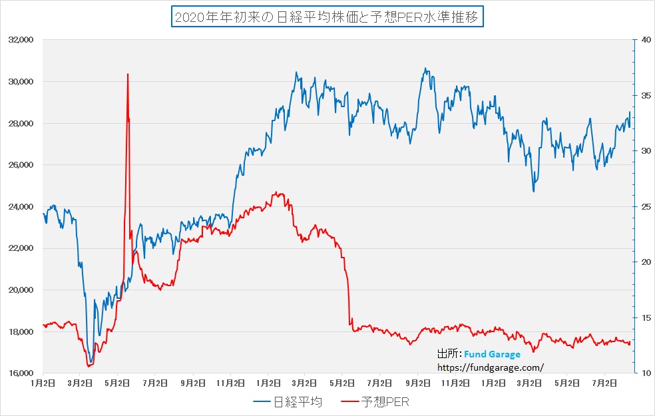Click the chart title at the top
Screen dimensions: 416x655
327,17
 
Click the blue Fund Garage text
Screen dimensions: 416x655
492,354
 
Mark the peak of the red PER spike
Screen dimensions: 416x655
127,74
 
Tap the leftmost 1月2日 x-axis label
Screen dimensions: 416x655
43,384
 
